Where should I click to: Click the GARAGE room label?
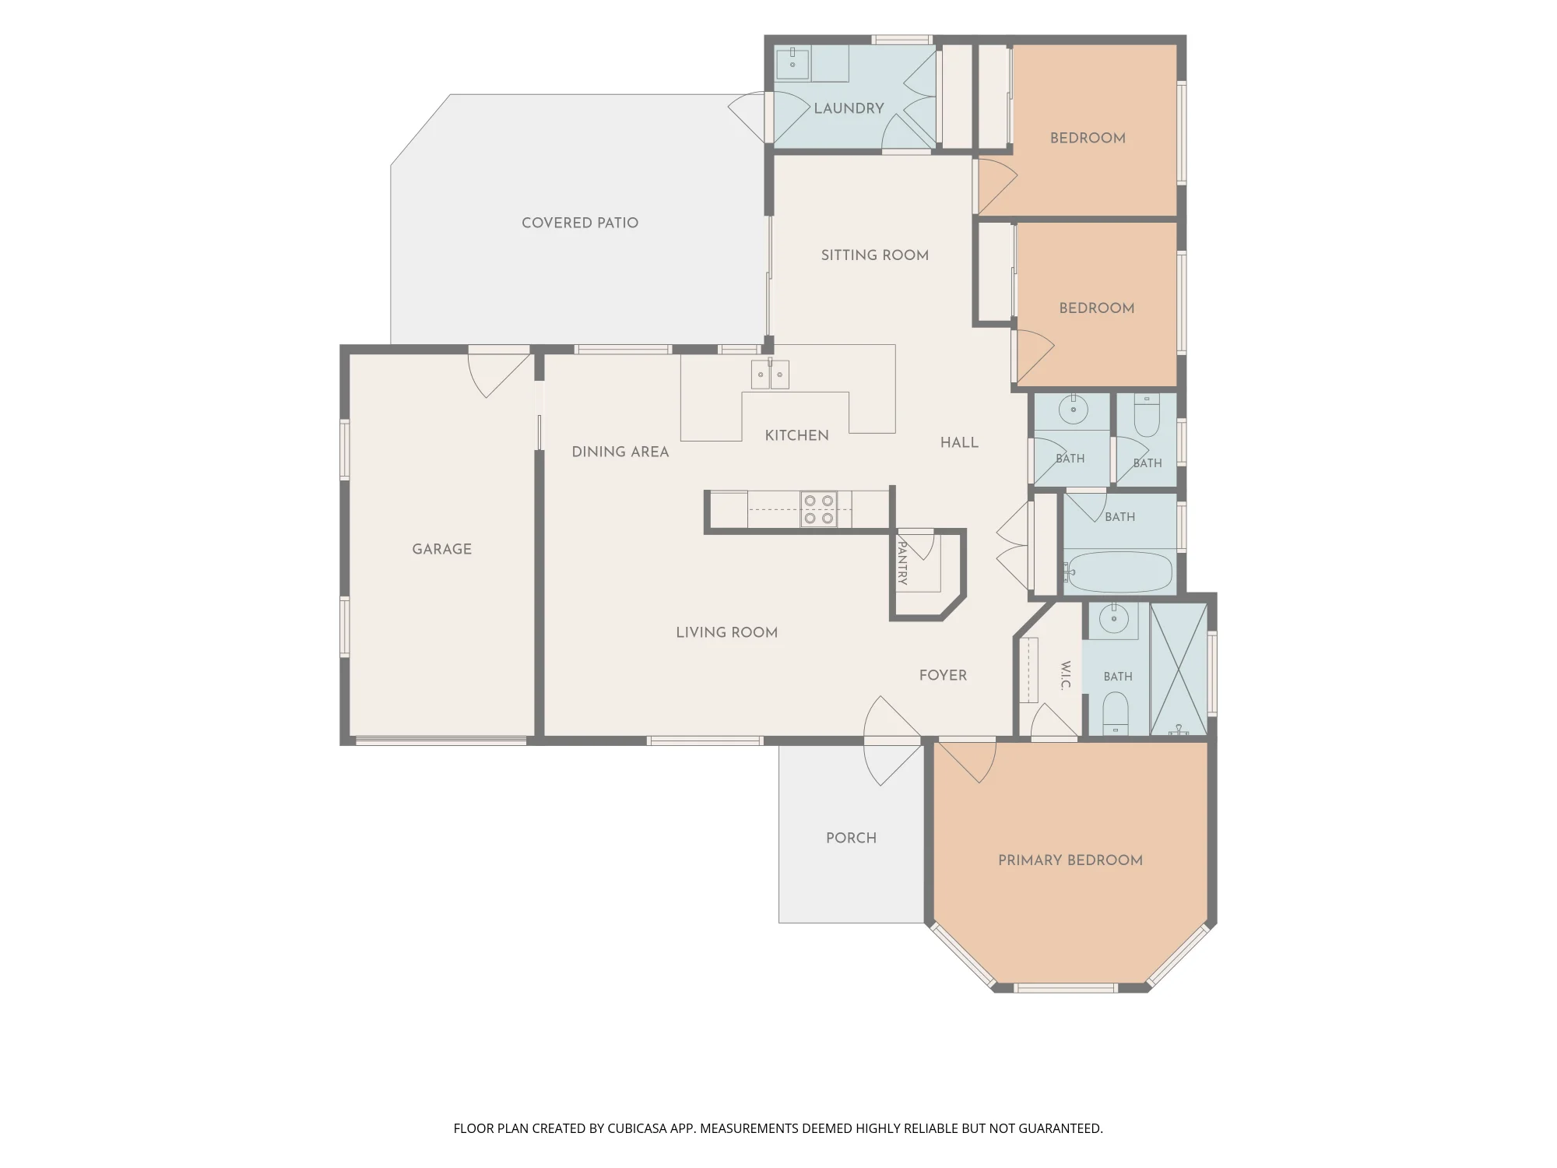pos(441,549)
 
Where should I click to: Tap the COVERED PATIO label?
pos(580,223)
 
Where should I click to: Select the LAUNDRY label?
pos(849,108)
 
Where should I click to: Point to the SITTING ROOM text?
pos(874,255)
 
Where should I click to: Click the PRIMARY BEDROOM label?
pos(1070,860)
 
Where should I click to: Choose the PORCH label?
pos(851,838)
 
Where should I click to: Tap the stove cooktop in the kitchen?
pos(819,509)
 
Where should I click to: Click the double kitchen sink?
pos(770,374)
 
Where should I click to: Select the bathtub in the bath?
pos(1119,572)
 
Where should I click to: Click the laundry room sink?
pos(793,63)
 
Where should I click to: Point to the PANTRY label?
pos(902,558)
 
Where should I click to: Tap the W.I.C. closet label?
pos(1066,675)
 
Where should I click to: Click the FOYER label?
pos(943,675)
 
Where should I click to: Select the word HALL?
pos(959,442)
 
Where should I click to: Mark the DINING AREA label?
pos(620,452)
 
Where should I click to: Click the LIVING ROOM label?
pos(726,632)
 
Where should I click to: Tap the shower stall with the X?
pos(1179,669)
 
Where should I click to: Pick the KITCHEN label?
pos(796,435)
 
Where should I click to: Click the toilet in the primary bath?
pos(1116,714)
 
